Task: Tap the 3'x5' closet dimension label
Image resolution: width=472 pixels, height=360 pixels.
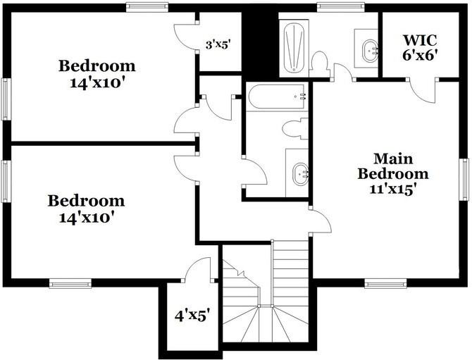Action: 218,44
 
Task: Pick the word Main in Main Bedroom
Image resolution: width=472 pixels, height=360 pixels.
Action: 392,159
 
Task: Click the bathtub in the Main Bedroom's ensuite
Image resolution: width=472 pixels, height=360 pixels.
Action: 293,47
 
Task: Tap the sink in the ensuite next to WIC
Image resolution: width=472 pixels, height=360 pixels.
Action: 367,49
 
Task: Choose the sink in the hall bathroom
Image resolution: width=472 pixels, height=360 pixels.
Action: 299,172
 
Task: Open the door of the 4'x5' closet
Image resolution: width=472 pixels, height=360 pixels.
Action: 198,270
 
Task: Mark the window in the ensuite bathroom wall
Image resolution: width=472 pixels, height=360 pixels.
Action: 336,7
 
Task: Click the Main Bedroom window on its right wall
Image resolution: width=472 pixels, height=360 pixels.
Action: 465,180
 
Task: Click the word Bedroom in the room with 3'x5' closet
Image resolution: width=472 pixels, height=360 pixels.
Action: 97,66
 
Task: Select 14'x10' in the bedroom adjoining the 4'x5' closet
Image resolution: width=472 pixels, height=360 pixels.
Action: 86,218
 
